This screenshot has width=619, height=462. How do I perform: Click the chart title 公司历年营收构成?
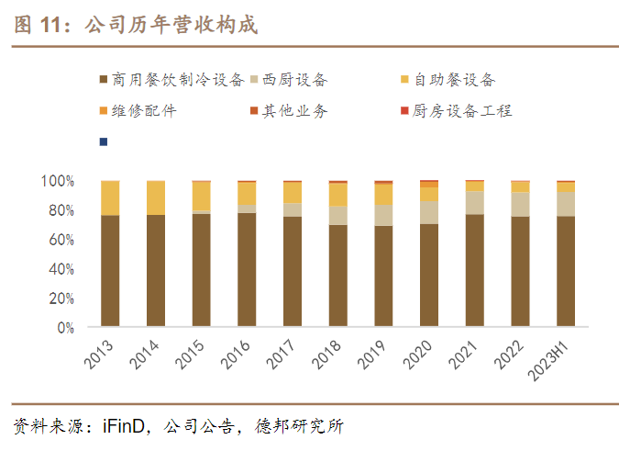pyautogui.click(x=171, y=26)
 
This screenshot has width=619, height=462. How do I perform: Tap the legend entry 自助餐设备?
pyautogui.click(x=455, y=81)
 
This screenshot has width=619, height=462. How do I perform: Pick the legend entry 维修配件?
pyautogui.click(x=143, y=111)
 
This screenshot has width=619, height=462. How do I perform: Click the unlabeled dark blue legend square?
pyautogui.click(x=103, y=141)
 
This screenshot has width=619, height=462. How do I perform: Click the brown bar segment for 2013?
pyautogui.click(x=110, y=271)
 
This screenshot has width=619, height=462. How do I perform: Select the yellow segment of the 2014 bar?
pyautogui.click(x=155, y=197)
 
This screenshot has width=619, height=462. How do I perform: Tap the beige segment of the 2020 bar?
pyautogui.click(x=429, y=212)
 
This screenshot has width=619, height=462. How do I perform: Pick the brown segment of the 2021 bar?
pyautogui.click(x=474, y=271)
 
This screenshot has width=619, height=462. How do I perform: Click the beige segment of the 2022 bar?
pyautogui.click(x=520, y=204)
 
